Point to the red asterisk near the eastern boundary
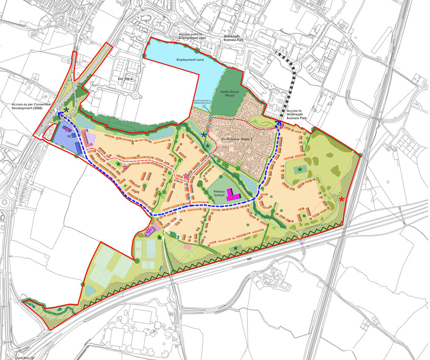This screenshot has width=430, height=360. tap(342, 199)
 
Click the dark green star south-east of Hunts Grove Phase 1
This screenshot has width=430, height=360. tap(300, 169)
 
